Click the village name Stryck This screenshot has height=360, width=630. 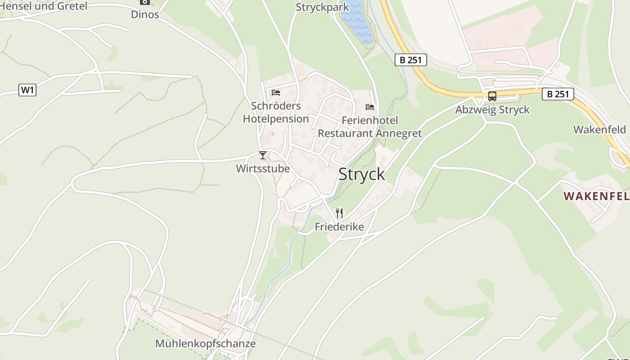coord(361,174)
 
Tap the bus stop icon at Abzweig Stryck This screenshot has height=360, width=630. coord(492,96)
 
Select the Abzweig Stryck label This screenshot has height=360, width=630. coord(492,110)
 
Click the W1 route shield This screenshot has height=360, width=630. coord(27,90)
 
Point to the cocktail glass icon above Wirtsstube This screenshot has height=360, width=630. coord(263,156)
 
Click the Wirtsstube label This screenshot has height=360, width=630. coord(263,169)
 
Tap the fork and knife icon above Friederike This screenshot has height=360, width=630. coord(339,213)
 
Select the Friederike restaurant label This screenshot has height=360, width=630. coord(339,226)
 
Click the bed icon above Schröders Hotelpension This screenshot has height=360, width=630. coord(276,93)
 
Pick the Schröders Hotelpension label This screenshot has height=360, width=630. coord(276,112)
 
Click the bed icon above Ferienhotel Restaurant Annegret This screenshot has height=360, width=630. coord(370,107)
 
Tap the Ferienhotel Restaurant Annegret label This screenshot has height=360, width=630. coord(370,127)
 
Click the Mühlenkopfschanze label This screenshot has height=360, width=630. coord(205,344)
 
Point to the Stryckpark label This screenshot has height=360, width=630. coord(322,7)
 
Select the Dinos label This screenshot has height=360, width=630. coord(145,14)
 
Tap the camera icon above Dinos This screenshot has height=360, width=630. coord(144,2)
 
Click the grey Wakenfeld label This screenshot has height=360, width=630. coord(599,130)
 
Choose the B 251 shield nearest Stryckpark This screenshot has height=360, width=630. coord(410,60)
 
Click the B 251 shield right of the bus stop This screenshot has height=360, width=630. coord(558,94)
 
